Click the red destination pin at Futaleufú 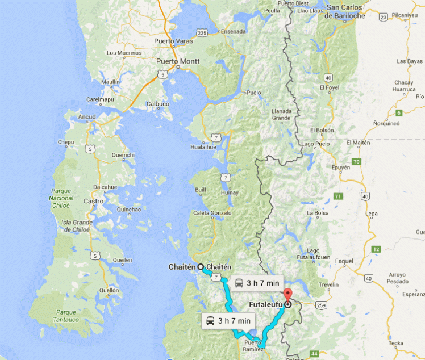point(287,296)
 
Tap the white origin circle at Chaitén point(201,266)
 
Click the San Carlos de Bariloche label point(344,12)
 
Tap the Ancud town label point(87,117)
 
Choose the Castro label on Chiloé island point(94,201)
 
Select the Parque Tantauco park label point(70,315)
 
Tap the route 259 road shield point(322,305)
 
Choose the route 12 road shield point(376,249)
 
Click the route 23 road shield point(383,18)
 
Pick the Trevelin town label point(328,284)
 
